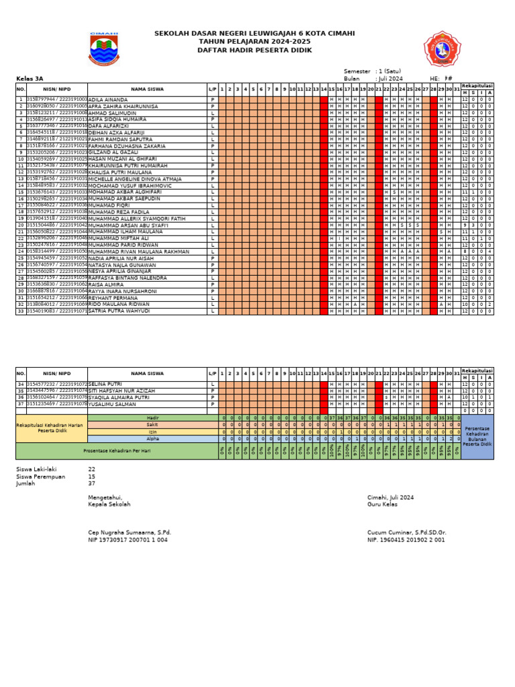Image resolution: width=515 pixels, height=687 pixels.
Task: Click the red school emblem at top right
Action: (443, 49)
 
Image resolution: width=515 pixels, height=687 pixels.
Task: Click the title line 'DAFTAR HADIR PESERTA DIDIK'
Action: (254, 50)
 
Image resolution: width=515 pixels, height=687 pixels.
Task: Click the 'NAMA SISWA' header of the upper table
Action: (147, 89)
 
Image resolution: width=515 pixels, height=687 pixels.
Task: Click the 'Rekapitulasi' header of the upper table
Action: (477, 85)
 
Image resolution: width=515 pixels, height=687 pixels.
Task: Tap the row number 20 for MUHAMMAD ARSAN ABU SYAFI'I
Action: (21, 225)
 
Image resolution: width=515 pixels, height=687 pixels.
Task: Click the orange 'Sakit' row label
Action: (154, 425)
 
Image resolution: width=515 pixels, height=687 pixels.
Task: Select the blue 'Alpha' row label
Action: (154, 439)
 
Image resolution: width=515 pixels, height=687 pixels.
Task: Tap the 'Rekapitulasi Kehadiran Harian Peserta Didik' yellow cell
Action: (51, 428)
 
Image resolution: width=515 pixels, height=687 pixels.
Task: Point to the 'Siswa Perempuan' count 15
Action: (92, 476)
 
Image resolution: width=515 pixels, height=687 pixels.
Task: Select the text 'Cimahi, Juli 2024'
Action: (390, 497)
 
